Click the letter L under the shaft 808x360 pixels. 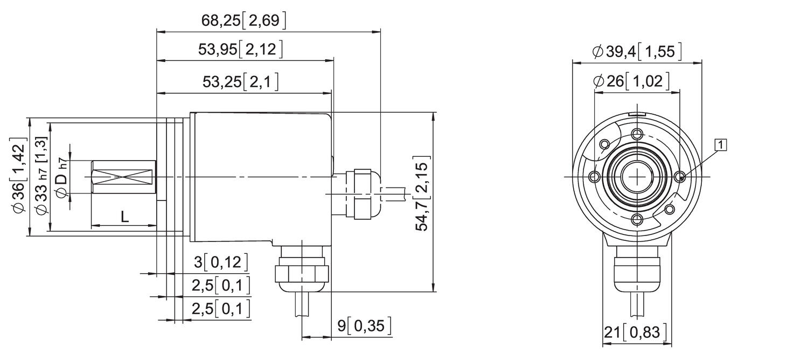124,217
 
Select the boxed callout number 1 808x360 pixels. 720,144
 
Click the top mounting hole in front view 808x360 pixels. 638,134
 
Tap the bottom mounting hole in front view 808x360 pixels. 638,219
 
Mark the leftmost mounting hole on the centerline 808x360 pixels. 595,177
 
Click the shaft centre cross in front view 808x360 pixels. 638,177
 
